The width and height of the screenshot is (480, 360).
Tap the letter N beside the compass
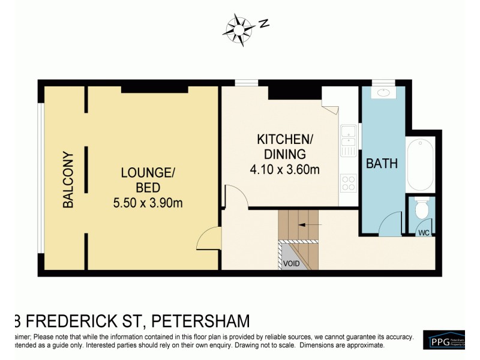pyautogui.click(x=263, y=24)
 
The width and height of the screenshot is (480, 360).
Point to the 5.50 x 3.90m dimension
pyautogui.click(x=148, y=203)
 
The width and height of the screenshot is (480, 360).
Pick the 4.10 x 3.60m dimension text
pyautogui.click(x=284, y=170)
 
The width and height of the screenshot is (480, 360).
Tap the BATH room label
pyautogui.click(x=382, y=163)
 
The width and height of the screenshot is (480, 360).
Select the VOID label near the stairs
pyautogui.click(x=292, y=262)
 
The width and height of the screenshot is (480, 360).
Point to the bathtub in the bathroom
pyautogui.click(x=421, y=164)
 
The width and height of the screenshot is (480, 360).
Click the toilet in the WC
pyautogui.click(x=422, y=209)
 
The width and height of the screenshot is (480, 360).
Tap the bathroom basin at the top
pyautogui.click(x=383, y=93)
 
